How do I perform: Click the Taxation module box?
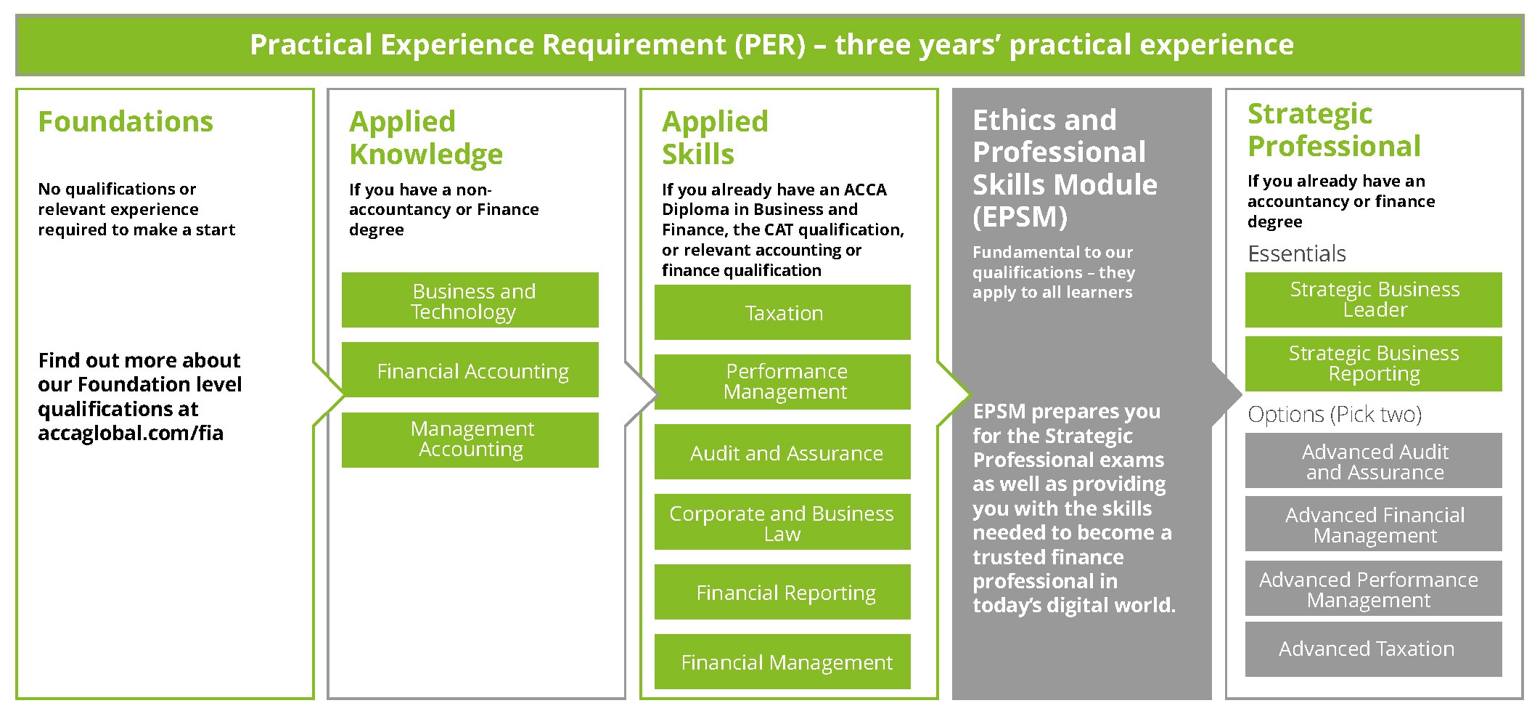782,312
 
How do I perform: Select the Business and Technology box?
470,300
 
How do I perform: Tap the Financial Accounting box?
470,370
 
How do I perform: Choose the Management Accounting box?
470,439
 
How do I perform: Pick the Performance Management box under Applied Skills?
782,381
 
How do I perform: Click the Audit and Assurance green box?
782,452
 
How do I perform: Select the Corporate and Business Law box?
782,522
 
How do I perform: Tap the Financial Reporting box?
782,592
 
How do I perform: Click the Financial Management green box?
782,662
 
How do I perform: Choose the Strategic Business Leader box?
1373,299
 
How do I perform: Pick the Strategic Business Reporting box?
1373,363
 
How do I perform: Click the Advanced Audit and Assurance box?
1373,460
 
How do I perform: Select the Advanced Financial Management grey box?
1373,524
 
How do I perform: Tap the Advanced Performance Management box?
1373,588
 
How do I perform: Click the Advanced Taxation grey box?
1373,649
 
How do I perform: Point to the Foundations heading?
126,121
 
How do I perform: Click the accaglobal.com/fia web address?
131,434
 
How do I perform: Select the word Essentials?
1296,253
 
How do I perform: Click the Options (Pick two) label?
1334,414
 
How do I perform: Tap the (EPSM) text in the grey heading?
1020,217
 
